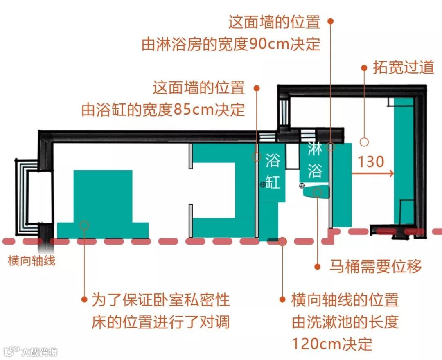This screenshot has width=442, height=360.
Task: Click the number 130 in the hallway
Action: click(x=371, y=162)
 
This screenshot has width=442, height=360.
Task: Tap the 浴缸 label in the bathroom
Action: click(x=273, y=171)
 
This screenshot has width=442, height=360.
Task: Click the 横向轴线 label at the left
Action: click(x=31, y=261)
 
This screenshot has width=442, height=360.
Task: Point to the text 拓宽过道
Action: click(x=403, y=68)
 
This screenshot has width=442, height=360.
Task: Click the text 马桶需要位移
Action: click(x=375, y=267)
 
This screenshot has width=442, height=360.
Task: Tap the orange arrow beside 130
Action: click(x=372, y=173)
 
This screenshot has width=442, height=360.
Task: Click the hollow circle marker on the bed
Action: click(x=84, y=225)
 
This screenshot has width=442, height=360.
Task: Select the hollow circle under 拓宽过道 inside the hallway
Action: click(x=364, y=142)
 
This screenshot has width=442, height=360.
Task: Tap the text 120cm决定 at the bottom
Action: click(x=332, y=344)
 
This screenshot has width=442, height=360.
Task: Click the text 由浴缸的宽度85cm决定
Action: click(x=163, y=110)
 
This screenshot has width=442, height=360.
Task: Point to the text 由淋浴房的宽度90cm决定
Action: click(x=231, y=44)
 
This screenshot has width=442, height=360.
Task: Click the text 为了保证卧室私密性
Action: click(x=160, y=300)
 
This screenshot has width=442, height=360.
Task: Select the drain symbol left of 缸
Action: click(x=263, y=185)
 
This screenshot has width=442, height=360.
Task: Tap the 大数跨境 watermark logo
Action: click(x=30, y=351)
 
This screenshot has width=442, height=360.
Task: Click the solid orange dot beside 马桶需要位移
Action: click(x=317, y=267)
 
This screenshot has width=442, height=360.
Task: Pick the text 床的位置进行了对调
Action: click(x=160, y=322)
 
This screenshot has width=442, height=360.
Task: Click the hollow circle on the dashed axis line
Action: click(x=282, y=241)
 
